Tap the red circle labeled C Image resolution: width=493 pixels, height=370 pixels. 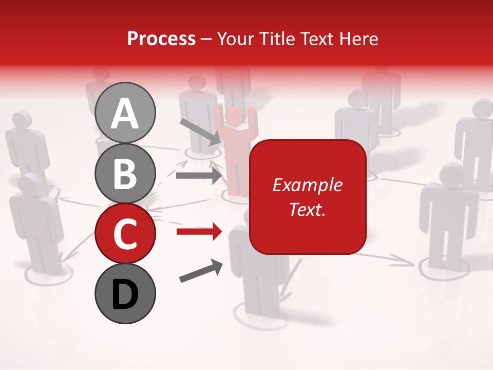pyautogui.click(x=125, y=233)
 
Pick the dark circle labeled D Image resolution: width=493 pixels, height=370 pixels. pyautogui.click(x=125, y=293)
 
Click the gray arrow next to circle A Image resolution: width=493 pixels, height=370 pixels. pyautogui.click(x=200, y=131)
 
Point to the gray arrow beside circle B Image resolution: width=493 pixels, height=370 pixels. pyautogui.click(x=198, y=176)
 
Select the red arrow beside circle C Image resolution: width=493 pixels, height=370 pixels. pyautogui.click(x=199, y=232)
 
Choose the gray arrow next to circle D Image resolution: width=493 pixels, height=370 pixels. pyautogui.click(x=201, y=271)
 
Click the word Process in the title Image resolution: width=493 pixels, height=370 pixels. pyautogui.click(x=161, y=39)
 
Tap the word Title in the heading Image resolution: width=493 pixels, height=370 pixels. pyautogui.click(x=275, y=39)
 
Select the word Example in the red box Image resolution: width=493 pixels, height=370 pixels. pyautogui.click(x=307, y=185)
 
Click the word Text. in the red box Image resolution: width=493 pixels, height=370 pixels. pyautogui.click(x=307, y=209)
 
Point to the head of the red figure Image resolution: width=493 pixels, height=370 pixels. pyautogui.click(x=235, y=117)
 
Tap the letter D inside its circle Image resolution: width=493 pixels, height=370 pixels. pyautogui.click(x=125, y=294)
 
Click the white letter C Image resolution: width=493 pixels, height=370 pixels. pyautogui.click(x=125, y=234)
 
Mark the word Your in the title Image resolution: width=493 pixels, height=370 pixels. pyautogui.click(x=236, y=39)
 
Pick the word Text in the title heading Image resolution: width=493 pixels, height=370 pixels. pyautogui.click(x=316, y=39)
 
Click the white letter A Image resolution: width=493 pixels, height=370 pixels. pyautogui.click(x=125, y=114)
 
